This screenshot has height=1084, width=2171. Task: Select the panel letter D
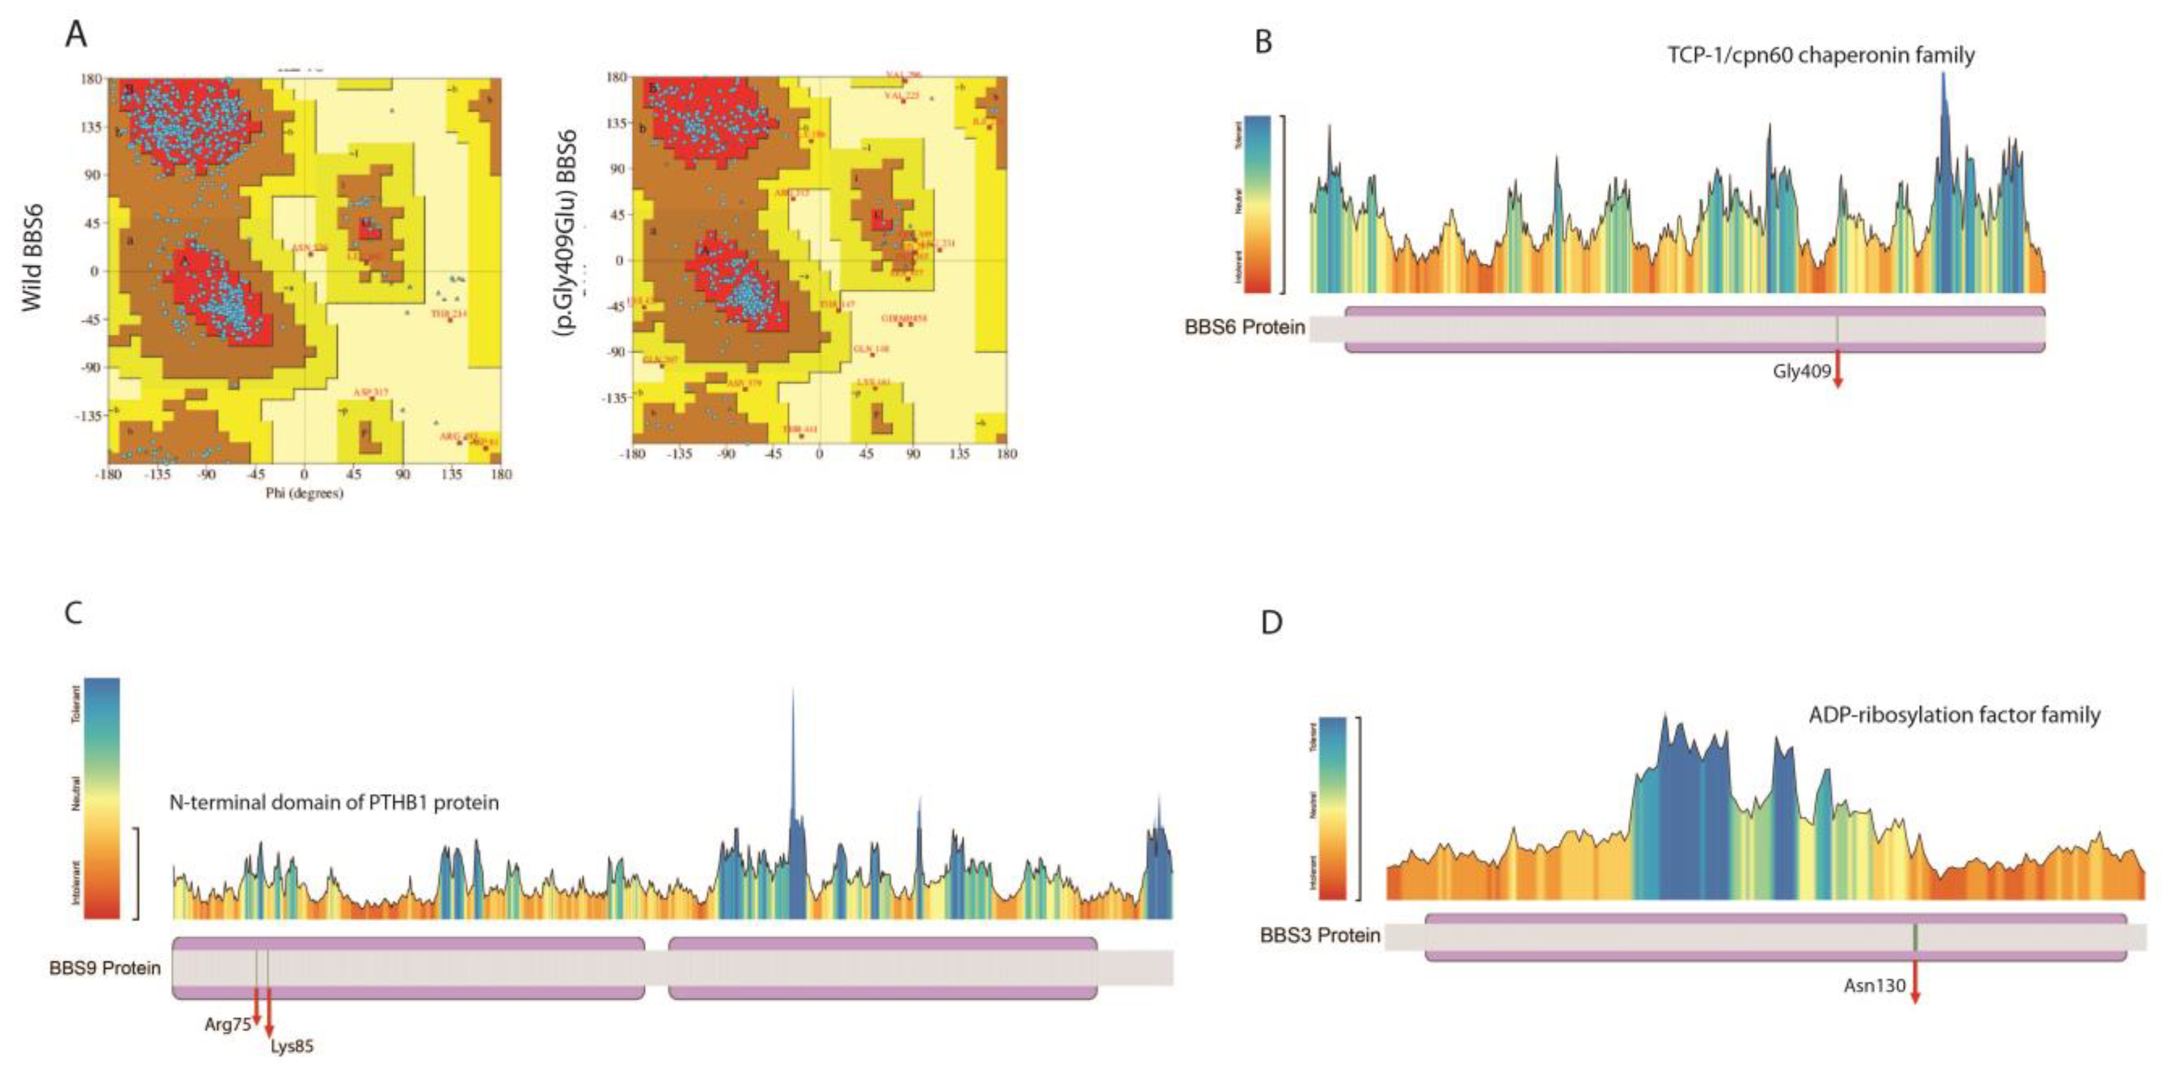(1271, 622)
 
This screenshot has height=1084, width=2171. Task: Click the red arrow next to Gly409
(1838, 370)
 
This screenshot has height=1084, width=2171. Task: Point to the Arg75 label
(227, 1024)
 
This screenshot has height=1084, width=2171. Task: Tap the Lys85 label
(291, 1047)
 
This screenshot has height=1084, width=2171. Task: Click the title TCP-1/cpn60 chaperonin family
(1820, 55)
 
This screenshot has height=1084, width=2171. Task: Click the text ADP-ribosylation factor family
(1953, 715)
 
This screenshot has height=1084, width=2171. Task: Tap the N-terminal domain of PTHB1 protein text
(334, 802)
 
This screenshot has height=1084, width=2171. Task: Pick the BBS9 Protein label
(105, 968)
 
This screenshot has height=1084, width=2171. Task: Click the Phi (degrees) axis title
(304, 493)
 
